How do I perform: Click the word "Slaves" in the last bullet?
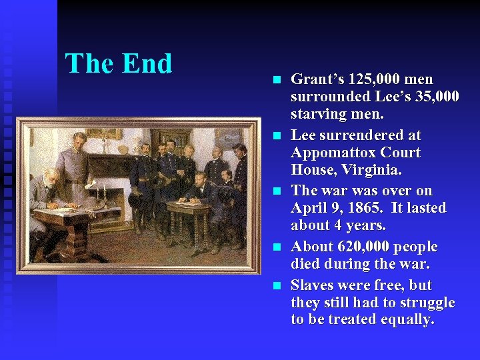coord(314,285)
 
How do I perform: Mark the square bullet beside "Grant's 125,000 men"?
coord(277,80)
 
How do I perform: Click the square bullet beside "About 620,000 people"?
coord(277,247)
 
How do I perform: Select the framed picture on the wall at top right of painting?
coord(231,137)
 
